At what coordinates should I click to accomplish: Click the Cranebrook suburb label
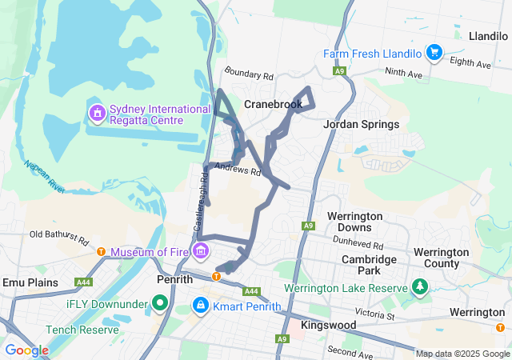tap(273, 104)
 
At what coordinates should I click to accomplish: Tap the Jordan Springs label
tap(361, 124)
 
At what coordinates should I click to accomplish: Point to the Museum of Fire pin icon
tap(201, 252)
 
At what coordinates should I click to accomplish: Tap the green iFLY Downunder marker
tap(160, 304)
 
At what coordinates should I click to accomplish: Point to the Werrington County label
tap(441, 258)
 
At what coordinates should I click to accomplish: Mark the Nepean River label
tap(45, 177)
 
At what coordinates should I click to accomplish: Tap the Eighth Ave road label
tap(469, 61)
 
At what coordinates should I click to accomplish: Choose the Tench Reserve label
tap(82, 330)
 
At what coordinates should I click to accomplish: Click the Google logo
tap(26, 350)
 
